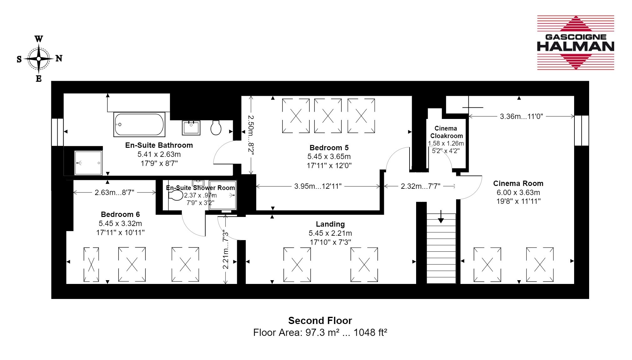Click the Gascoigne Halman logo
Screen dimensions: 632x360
[x=575, y=43]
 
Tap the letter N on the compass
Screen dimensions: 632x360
[x=59, y=58]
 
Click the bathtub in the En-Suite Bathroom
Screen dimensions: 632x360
[x=139, y=124]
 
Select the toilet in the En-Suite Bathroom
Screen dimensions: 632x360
[x=216, y=127]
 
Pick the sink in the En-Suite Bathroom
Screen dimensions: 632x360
[x=191, y=128]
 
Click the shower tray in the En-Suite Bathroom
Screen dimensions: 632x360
[x=88, y=163]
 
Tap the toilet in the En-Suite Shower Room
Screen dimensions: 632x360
[x=176, y=196]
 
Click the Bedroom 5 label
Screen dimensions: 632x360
[x=329, y=148]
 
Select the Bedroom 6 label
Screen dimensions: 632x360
[x=120, y=214]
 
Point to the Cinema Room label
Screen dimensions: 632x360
[x=518, y=183]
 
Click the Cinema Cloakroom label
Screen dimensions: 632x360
[x=446, y=132]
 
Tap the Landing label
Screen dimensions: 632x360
[x=330, y=224]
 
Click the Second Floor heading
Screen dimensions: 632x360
[x=320, y=321]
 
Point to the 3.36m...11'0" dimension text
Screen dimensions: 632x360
[x=521, y=116]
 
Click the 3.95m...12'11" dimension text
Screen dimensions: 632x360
[x=318, y=186]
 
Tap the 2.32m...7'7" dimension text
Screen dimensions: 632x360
[x=420, y=186]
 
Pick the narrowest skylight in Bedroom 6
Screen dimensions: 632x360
[x=91, y=264]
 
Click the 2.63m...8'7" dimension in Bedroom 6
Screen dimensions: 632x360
[x=115, y=193]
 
